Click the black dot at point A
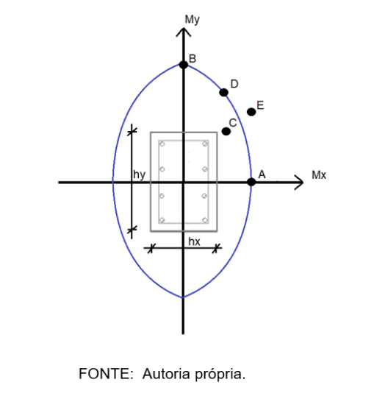coord(251,182)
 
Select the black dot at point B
coord(184,65)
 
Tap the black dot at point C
coord(226,131)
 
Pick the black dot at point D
coord(223,93)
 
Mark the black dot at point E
coord(251,112)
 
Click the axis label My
coord(192,20)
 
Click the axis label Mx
coord(319,175)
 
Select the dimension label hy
coord(139,174)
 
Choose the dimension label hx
coord(194,241)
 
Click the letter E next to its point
coord(260,105)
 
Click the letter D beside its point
coord(234,84)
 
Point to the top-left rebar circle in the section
coord(162,144)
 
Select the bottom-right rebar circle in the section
coord(205,220)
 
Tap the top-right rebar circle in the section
coord(205,144)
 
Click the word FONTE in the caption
coord(106,374)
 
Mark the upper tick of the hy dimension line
coord(132,131)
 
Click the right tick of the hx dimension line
coord(215,248)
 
